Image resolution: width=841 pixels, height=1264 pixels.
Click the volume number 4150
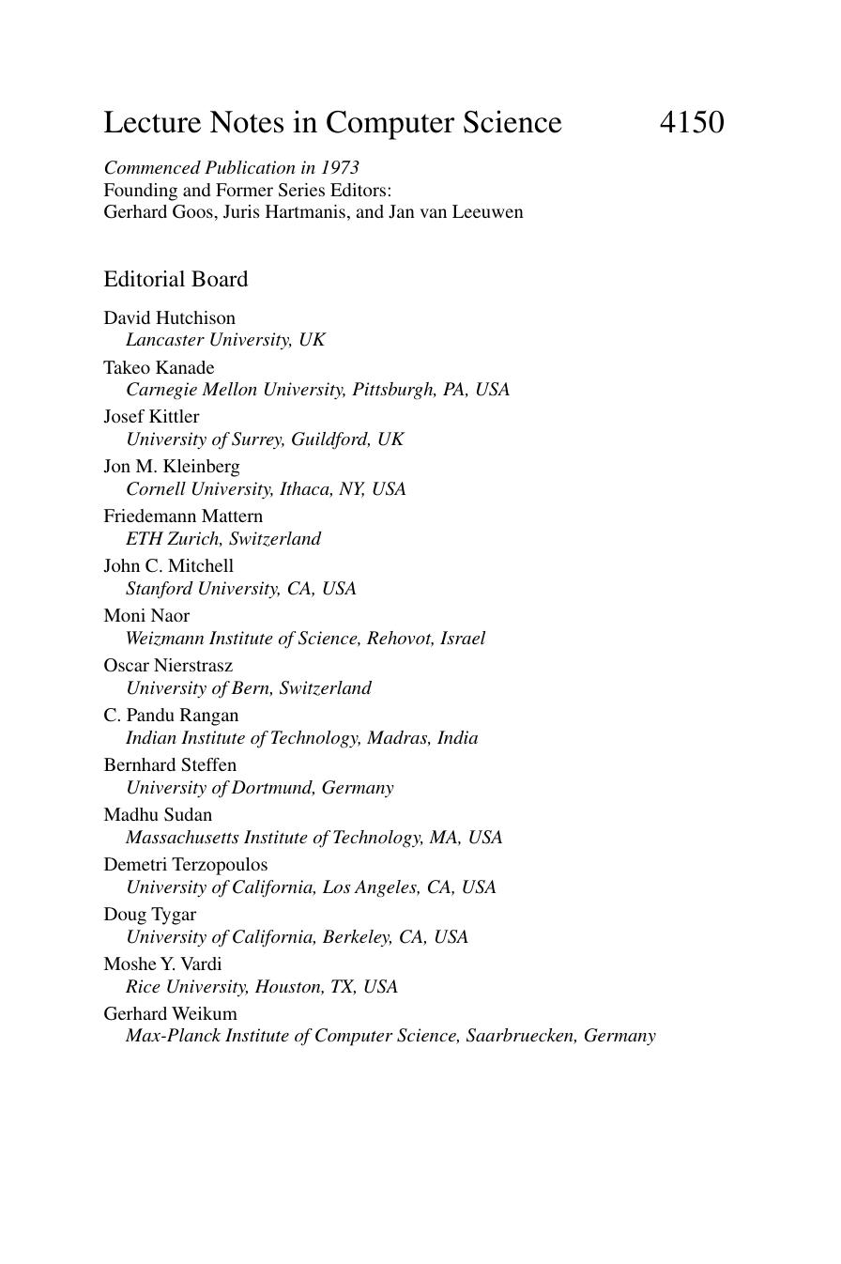[692, 123]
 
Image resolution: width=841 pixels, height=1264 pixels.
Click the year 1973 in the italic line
[340, 168]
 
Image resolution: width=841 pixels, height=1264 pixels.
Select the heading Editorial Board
[176, 280]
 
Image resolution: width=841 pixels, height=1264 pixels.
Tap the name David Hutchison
[169, 318]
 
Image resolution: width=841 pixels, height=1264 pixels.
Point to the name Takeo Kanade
[159, 368]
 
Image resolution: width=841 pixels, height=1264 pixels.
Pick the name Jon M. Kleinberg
[171, 467]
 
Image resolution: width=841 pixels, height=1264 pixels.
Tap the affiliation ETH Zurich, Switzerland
[223, 539]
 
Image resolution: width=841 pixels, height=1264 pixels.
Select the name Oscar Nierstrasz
[168, 666]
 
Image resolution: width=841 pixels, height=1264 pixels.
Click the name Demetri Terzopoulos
[185, 865]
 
